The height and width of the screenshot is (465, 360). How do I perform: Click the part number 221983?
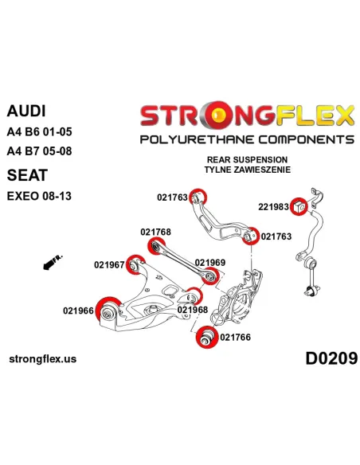(x=273, y=207)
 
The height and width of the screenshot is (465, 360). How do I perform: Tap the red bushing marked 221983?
(x=299, y=206)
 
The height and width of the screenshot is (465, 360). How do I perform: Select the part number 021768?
(x=155, y=232)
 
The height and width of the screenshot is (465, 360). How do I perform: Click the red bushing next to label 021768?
(x=156, y=246)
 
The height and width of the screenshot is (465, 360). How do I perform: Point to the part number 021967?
(x=109, y=264)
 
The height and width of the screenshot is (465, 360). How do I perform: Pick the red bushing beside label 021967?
(x=135, y=264)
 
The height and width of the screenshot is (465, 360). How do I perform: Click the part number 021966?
(x=78, y=311)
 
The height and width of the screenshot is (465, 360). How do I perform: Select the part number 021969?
(x=210, y=263)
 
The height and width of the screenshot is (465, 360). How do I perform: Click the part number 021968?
(x=193, y=310)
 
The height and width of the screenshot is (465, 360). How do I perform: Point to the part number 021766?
(x=236, y=337)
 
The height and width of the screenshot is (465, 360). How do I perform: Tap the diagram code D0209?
(x=331, y=358)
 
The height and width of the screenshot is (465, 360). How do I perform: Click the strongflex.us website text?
(x=43, y=359)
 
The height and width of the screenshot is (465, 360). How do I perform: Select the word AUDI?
(x=26, y=111)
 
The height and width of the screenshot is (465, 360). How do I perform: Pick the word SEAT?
(x=27, y=175)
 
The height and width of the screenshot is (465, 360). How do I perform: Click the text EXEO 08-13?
(x=39, y=196)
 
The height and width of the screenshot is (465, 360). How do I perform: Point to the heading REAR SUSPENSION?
(x=247, y=159)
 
